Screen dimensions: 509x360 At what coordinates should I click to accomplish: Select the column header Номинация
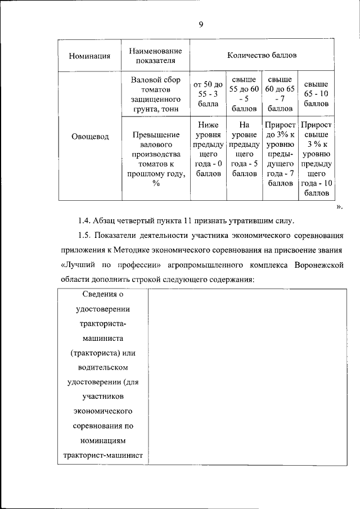[89, 56]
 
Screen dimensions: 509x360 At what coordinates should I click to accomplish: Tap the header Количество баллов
[262, 56]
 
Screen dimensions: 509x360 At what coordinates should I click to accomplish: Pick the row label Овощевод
[89, 136]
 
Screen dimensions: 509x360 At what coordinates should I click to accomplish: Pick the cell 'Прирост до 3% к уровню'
[280, 154]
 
